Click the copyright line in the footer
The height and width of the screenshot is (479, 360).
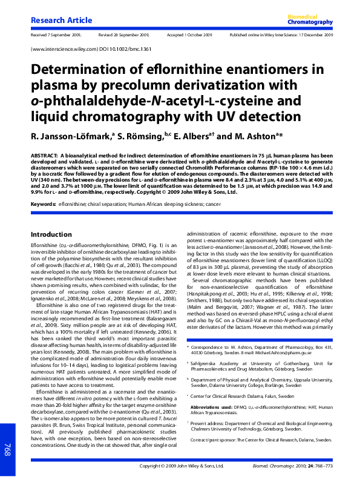point(182,466)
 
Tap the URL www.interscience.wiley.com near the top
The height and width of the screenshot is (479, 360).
point(59,51)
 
